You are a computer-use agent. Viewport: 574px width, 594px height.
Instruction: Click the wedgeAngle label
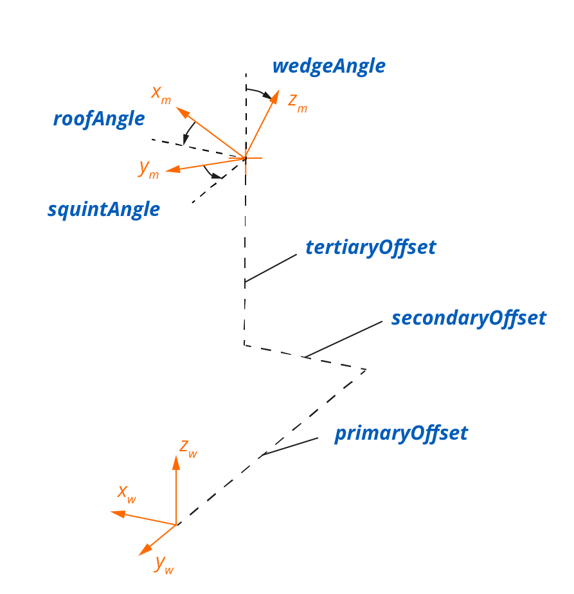pyautogui.click(x=328, y=66)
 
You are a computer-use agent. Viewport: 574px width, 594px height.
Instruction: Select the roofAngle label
pyautogui.click(x=99, y=119)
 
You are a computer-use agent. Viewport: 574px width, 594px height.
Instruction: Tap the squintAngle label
pyautogui.click(x=103, y=210)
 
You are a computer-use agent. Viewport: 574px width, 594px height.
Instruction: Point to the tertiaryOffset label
pyautogui.click(x=371, y=248)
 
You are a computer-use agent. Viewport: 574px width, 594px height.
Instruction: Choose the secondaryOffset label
pyautogui.click(x=469, y=318)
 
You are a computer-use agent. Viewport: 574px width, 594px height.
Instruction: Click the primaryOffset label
pyautogui.click(x=401, y=433)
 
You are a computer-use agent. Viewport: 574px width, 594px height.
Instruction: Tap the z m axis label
pyautogui.click(x=297, y=102)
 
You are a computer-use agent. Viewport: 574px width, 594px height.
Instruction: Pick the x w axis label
pyautogui.click(x=127, y=493)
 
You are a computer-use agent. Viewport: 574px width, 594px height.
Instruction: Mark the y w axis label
pyautogui.click(x=165, y=564)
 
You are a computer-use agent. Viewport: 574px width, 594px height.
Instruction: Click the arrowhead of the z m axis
pyautogui.click(x=276, y=96)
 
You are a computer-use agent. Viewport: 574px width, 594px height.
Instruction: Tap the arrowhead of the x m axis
pyautogui.click(x=182, y=113)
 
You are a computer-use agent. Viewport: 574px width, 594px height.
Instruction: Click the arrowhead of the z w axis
pyautogui.click(x=176, y=460)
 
